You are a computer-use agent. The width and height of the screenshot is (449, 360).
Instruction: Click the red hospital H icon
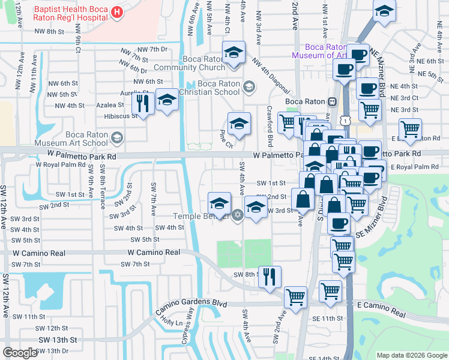[116, 11]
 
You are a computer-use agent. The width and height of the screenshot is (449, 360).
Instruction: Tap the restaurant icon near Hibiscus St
[143, 104]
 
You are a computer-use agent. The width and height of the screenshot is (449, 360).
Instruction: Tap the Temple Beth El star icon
[237, 215]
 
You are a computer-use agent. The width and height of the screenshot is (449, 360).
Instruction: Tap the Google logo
[20, 353]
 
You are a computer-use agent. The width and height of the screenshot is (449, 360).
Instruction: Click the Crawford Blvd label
[271, 126]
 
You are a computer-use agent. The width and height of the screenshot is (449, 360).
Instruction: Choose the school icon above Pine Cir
[239, 124]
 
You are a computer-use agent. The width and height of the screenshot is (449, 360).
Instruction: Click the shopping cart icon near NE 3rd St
[370, 109]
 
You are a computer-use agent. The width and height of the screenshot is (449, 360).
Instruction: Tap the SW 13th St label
[58, 340]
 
